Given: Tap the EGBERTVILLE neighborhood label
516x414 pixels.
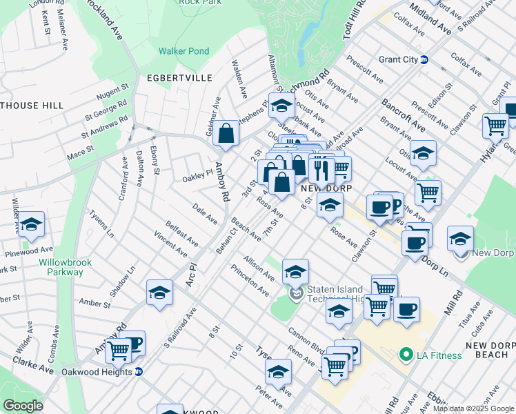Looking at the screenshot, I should point(179,78).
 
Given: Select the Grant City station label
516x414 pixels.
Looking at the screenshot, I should point(398,59).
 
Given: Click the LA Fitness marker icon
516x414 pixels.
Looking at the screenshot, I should point(406,355).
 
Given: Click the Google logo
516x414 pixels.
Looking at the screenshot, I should point(23,405).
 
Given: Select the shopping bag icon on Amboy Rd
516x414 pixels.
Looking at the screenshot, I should point(226,134).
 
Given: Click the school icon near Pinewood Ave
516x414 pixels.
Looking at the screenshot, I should point(30,226).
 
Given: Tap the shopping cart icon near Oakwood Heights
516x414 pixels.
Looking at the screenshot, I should point(119,351).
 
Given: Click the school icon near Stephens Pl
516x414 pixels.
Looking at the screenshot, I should point(281,106).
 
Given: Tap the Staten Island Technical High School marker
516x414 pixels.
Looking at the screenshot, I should point(297,295).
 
